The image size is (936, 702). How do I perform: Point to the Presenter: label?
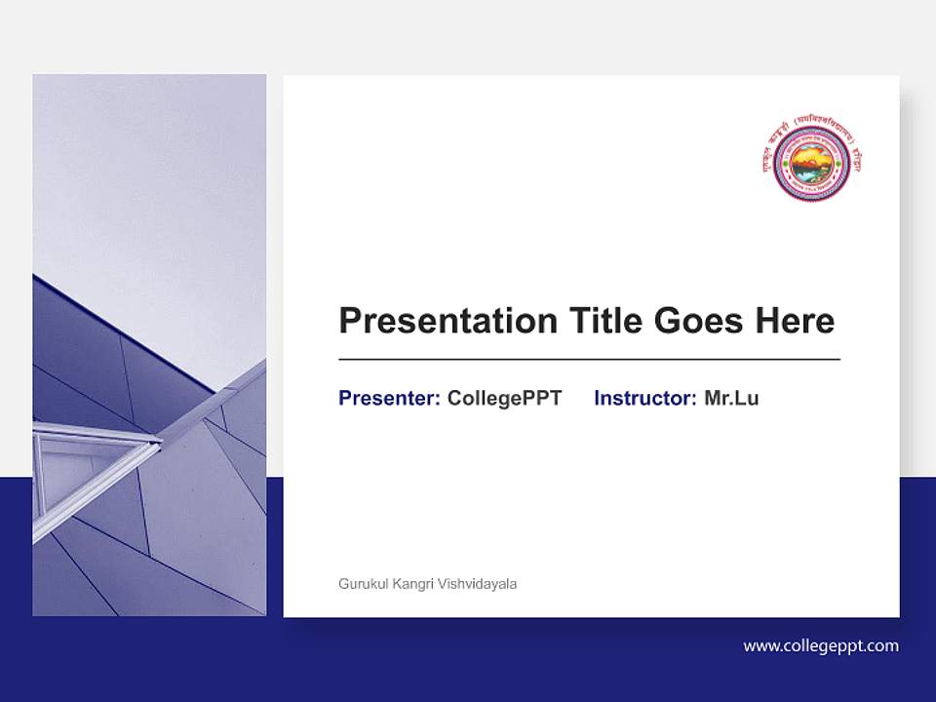tap(389, 398)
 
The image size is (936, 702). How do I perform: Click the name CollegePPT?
tap(504, 398)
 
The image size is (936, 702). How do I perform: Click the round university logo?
tap(811, 162)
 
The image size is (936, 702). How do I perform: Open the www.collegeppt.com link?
tap(821, 645)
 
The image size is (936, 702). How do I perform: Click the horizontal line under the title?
tap(589, 360)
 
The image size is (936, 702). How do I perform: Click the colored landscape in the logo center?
tap(812, 164)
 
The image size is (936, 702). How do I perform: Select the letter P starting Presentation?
tap(349, 321)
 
